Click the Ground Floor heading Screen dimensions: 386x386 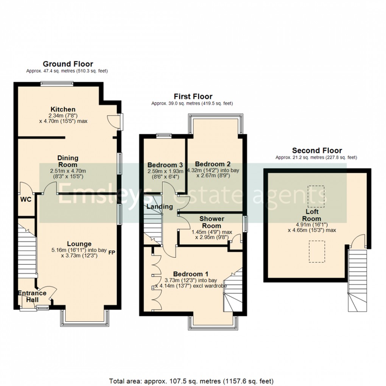coord(68,64)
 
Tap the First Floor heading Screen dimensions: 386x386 coord(193,96)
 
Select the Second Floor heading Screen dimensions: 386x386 coord(317,151)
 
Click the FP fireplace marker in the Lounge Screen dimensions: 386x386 coord(112,252)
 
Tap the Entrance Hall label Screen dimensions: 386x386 coord(32,296)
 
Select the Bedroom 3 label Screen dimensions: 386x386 coord(165,165)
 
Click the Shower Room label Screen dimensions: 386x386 coord(212,222)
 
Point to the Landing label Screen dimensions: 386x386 coord(159,207)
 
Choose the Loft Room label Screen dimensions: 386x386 coord(312,215)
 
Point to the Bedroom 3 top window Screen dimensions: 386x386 coord(164,135)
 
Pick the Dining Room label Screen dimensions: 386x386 coord(68,161)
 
